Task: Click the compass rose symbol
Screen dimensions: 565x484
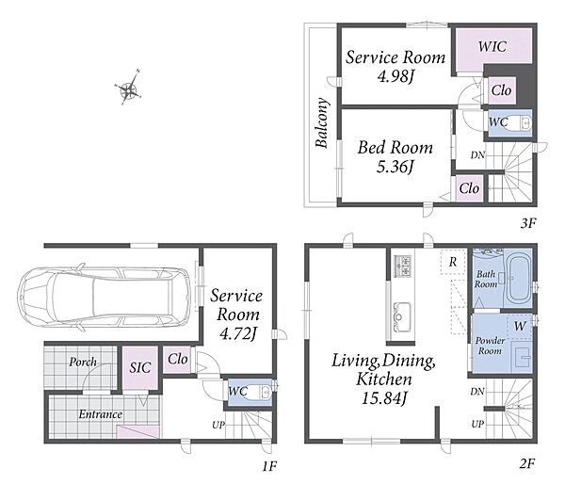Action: click(x=129, y=88)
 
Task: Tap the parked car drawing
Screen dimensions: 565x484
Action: click(x=104, y=298)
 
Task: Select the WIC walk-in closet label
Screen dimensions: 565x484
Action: click(x=492, y=46)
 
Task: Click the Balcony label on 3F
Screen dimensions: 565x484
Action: click(x=322, y=122)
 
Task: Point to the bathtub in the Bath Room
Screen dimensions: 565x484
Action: click(x=518, y=279)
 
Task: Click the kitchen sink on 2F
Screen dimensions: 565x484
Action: click(x=401, y=317)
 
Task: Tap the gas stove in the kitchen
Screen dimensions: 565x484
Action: click(x=402, y=266)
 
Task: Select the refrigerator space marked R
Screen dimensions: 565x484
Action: click(x=453, y=262)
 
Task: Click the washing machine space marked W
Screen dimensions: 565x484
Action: click(x=519, y=326)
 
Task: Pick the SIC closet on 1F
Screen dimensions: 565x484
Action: click(x=140, y=367)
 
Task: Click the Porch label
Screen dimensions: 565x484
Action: click(x=83, y=362)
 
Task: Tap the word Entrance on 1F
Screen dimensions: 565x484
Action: click(x=100, y=414)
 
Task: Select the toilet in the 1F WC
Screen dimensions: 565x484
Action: click(x=262, y=392)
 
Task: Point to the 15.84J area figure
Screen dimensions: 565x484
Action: click(x=384, y=398)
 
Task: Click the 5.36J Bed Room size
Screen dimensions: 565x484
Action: click(x=395, y=167)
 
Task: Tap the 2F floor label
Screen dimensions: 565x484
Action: click(x=527, y=463)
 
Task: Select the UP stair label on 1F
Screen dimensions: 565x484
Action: click(x=218, y=426)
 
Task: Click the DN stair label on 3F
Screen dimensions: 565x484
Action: click(x=477, y=155)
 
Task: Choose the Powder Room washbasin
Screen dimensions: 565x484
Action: click(x=523, y=357)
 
